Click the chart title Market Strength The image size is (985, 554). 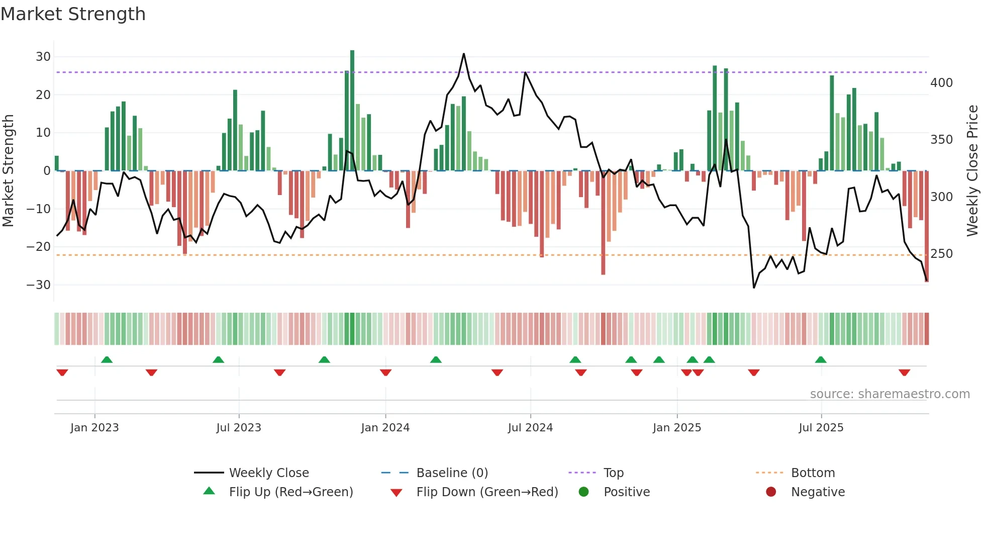[73, 14]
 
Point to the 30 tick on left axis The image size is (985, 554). [43, 57]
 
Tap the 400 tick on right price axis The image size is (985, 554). [941, 83]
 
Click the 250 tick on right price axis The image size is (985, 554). [941, 254]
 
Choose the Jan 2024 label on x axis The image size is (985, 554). [385, 428]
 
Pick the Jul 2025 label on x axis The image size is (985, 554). [821, 428]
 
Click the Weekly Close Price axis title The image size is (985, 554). [972, 171]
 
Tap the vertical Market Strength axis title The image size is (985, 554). [8, 171]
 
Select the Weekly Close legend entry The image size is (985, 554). [268, 473]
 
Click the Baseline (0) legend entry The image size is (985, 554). [452, 473]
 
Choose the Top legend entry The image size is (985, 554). [613, 473]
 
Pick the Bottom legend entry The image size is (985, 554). [813, 473]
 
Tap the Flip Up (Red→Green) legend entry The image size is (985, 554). [290, 492]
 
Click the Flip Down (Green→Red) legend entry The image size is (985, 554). [487, 492]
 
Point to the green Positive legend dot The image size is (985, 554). [583, 492]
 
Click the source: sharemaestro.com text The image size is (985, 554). [890, 394]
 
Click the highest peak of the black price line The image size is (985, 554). [463, 54]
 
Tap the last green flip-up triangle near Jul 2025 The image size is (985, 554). [821, 360]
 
